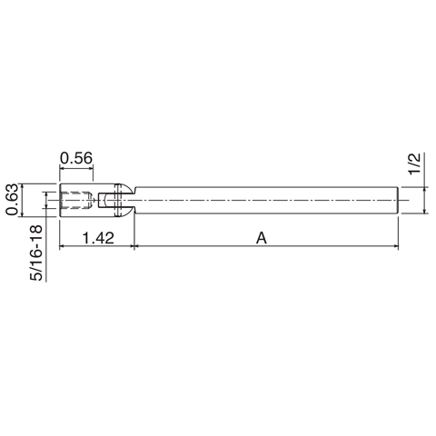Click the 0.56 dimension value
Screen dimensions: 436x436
[x=76, y=158]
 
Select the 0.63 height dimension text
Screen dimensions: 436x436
[x=12, y=200]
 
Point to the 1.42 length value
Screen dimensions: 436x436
[x=96, y=238]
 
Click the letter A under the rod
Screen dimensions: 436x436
[x=261, y=238]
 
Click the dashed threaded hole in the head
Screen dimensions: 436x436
[x=76, y=200]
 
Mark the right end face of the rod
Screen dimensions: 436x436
[x=399, y=200]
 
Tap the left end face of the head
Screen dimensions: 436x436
[x=59, y=200]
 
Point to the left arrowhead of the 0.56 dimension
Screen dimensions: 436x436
[x=63, y=169]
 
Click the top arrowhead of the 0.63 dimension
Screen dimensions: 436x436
[x=25, y=188]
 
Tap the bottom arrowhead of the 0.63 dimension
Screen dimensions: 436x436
[x=25, y=213]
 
